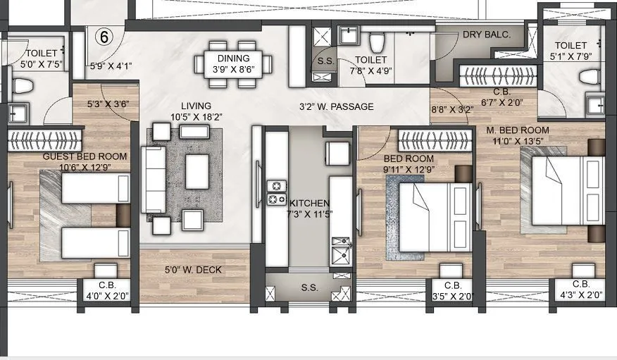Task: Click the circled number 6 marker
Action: pyautogui.click(x=104, y=37)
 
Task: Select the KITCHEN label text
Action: pyautogui.click(x=308, y=203)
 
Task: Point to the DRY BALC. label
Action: pyautogui.click(x=486, y=35)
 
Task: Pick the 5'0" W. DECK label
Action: pyautogui.click(x=193, y=268)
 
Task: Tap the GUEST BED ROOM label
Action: pyautogui.click(x=85, y=156)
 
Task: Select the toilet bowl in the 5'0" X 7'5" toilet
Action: pyautogui.click(x=23, y=86)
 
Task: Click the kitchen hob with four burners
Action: pyautogui.click(x=276, y=192)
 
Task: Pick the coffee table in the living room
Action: pyautogui.click(x=197, y=170)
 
